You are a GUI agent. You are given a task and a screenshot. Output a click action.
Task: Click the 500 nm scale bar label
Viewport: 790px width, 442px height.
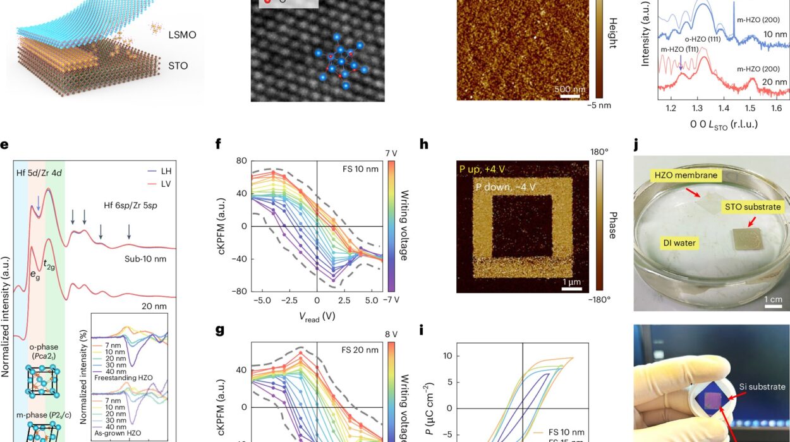tap(569, 89)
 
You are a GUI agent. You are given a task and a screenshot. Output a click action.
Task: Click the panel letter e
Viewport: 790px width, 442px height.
tap(4, 145)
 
